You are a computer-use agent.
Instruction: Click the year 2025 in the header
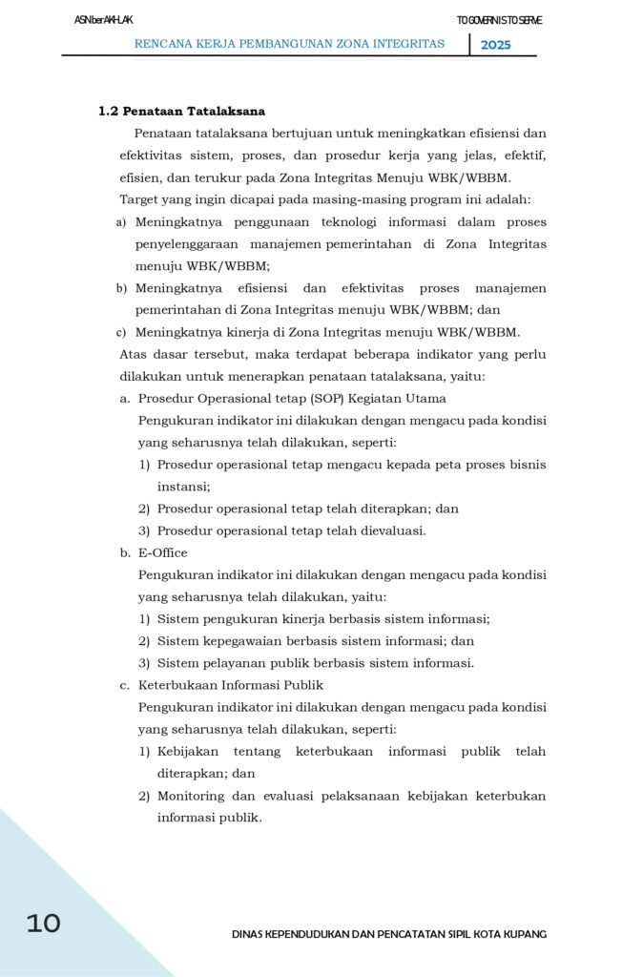[x=495, y=45]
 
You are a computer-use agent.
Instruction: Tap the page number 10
[x=43, y=923]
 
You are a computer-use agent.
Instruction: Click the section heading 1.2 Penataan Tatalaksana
[x=181, y=112]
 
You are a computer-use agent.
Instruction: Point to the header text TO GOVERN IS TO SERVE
[x=499, y=21]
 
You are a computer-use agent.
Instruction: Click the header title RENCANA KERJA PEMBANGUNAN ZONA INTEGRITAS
[x=289, y=44]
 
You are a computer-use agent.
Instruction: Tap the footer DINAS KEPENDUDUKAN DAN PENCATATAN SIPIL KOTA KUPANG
[x=389, y=934]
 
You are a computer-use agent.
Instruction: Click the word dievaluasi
[x=386, y=530]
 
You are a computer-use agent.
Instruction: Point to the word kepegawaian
[x=242, y=641]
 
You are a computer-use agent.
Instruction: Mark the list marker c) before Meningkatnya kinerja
[x=121, y=332]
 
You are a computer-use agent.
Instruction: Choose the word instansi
[x=183, y=487]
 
